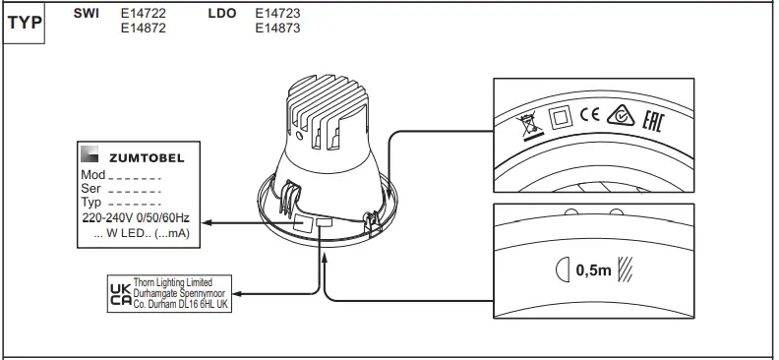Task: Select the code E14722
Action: [x=142, y=15]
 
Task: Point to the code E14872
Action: [x=142, y=29]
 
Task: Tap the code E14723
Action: [x=277, y=15]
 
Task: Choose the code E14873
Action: [x=277, y=29]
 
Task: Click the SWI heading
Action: [x=87, y=15]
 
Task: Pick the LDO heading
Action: [x=222, y=15]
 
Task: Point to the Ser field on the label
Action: [x=90, y=187]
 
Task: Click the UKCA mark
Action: [x=118, y=292]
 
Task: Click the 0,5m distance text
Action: [x=592, y=269]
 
